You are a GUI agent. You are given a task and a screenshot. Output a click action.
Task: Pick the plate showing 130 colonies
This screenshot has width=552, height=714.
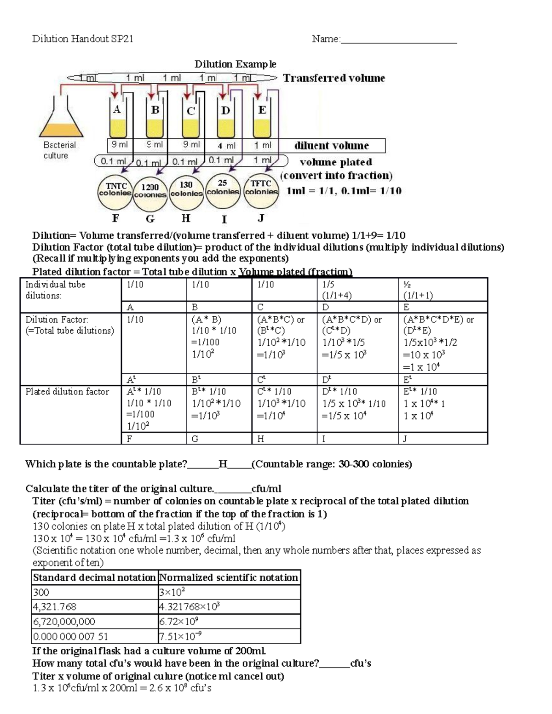click(x=186, y=189)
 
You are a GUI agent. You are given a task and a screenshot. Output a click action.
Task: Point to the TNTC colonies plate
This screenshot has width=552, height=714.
click(x=115, y=189)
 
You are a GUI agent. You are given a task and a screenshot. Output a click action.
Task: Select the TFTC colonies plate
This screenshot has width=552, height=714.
click(x=261, y=188)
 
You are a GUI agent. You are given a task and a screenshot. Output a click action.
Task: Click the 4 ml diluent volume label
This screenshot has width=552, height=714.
click(x=226, y=145)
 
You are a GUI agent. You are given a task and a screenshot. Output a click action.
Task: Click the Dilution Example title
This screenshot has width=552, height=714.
click(x=235, y=64)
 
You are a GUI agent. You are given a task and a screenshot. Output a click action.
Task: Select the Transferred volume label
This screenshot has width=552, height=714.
click(x=334, y=78)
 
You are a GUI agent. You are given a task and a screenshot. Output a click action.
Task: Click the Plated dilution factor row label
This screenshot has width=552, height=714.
click(x=67, y=392)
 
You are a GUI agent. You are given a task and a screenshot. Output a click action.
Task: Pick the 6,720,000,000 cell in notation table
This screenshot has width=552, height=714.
click(x=94, y=622)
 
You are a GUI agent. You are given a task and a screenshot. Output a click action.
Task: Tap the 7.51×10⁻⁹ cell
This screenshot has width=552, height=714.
click(x=229, y=636)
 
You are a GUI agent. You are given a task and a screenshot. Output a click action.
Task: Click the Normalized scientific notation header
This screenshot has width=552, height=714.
click(x=229, y=577)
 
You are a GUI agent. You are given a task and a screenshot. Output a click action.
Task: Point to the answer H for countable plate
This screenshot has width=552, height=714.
click(x=223, y=464)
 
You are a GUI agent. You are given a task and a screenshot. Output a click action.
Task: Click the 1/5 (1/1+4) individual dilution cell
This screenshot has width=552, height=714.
click(x=357, y=290)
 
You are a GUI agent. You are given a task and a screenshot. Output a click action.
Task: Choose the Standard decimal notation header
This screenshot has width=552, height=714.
click(x=94, y=577)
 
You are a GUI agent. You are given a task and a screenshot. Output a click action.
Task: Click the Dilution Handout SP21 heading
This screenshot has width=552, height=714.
click(x=83, y=39)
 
